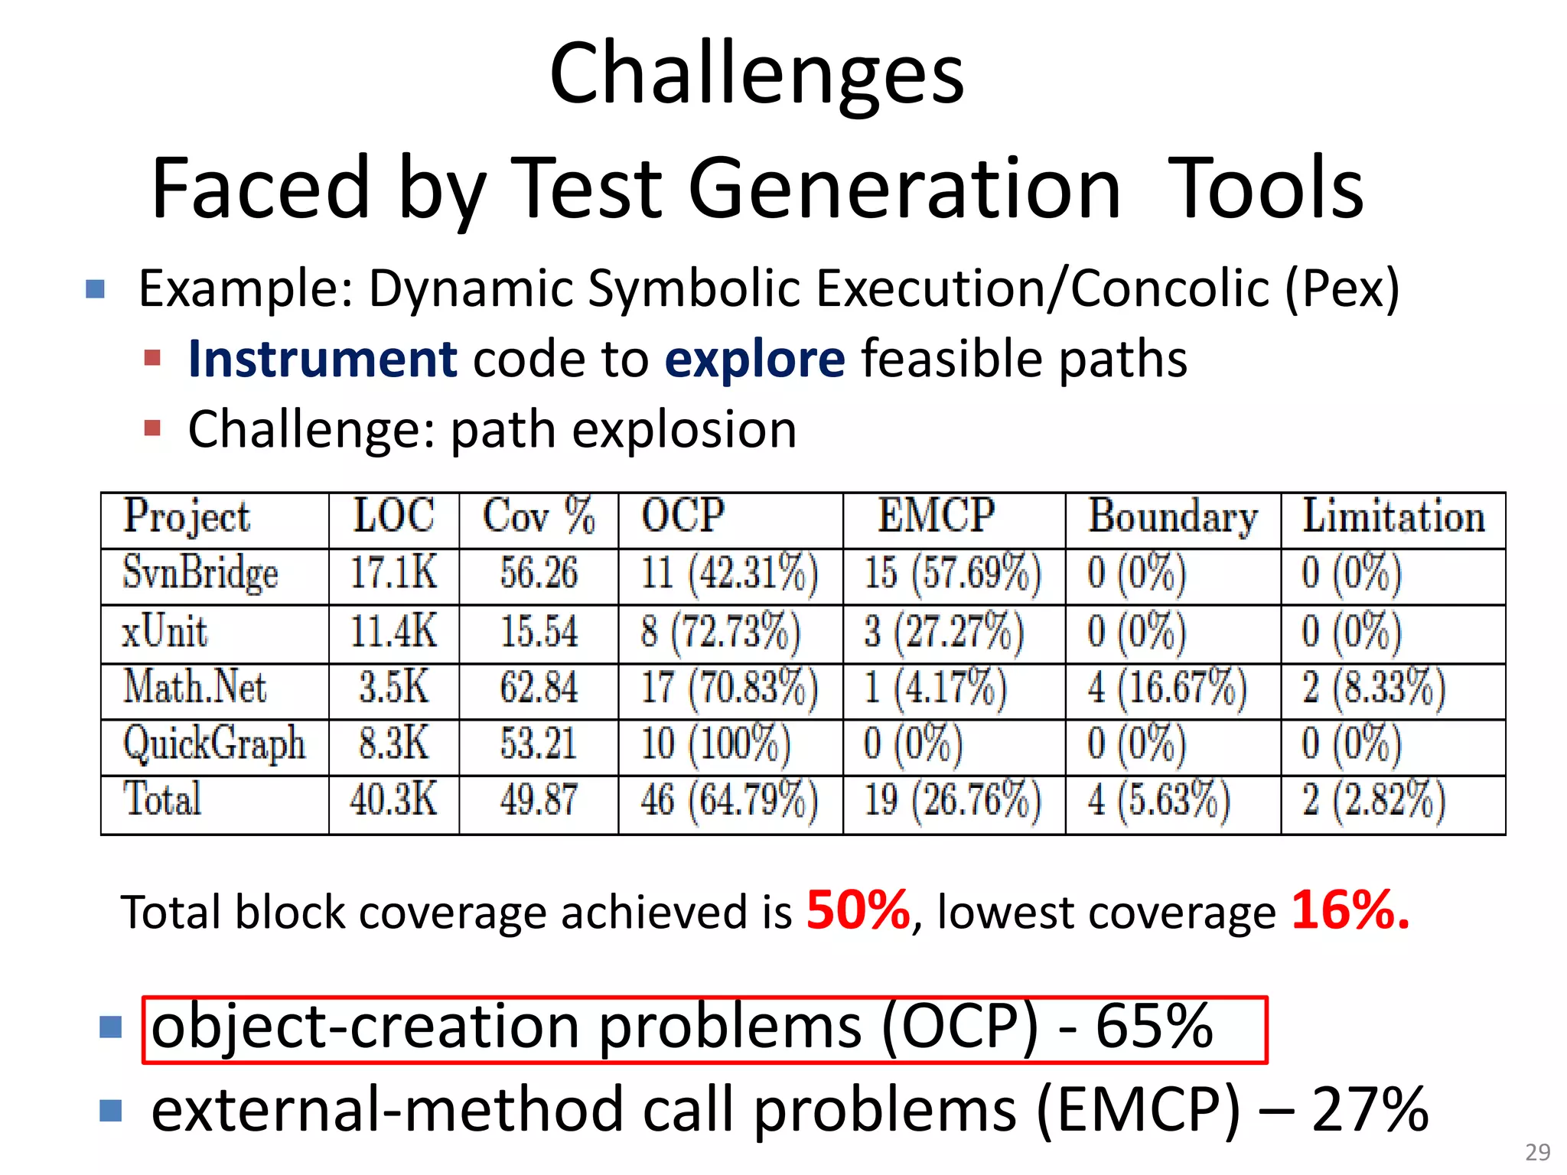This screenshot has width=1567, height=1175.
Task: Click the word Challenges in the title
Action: [756, 74]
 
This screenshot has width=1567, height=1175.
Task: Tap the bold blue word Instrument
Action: [322, 359]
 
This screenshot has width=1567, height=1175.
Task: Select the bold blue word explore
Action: [754, 359]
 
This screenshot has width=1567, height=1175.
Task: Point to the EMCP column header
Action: [936, 516]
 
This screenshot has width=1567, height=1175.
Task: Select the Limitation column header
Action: [1393, 516]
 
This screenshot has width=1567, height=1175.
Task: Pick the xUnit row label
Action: [165, 633]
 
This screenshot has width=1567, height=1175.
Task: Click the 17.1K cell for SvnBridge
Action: [393, 573]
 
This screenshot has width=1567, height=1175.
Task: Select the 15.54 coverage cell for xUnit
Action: [538, 633]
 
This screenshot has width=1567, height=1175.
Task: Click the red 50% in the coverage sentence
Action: [858, 911]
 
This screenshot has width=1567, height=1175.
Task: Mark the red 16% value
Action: [1349, 911]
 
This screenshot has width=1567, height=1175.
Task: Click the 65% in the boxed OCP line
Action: [1154, 1027]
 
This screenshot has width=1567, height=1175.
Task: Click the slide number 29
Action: [1537, 1152]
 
